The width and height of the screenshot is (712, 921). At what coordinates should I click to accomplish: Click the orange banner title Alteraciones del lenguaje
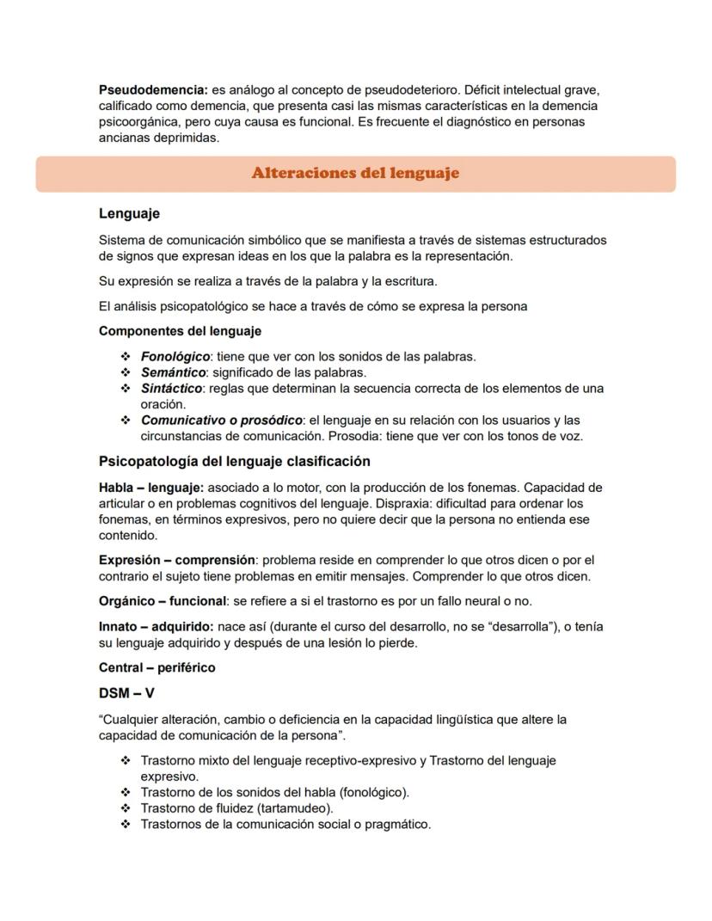(x=355, y=173)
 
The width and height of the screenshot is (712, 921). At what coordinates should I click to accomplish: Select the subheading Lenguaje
(x=129, y=213)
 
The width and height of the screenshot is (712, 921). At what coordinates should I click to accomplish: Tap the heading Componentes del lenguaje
(x=180, y=331)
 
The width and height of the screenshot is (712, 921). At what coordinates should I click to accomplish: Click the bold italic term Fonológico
(x=175, y=356)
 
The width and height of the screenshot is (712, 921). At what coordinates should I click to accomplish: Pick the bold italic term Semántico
(x=173, y=372)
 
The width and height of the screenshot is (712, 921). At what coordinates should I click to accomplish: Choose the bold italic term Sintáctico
(x=171, y=388)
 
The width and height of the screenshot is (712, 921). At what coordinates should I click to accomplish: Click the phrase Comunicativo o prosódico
(x=222, y=421)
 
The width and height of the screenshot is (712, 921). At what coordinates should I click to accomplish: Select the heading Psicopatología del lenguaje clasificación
(x=235, y=462)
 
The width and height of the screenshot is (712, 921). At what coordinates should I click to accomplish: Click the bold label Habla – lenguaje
(x=150, y=488)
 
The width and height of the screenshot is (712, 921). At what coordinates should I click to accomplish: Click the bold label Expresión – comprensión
(x=176, y=560)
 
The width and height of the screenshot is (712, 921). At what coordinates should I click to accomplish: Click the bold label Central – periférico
(x=157, y=667)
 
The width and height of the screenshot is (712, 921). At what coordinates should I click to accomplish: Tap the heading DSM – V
(x=126, y=693)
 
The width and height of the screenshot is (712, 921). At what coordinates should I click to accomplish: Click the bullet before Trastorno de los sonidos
(x=126, y=792)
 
